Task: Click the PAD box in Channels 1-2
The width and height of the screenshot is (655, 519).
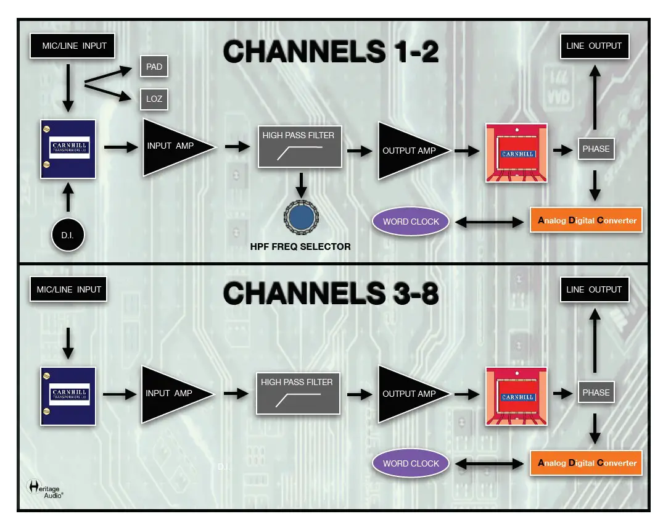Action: pyautogui.click(x=154, y=67)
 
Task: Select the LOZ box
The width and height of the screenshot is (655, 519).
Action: pyautogui.click(x=154, y=99)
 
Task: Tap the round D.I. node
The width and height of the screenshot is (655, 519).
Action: pyautogui.click(x=68, y=235)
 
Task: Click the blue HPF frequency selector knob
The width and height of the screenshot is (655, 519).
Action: pyautogui.click(x=301, y=217)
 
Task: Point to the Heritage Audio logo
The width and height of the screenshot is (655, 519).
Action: pyautogui.click(x=45, y=488)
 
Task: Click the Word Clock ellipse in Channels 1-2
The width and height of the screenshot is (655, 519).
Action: pyautogui.click(x=411, y=222)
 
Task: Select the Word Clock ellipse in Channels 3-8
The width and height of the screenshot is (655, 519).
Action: pyautogui.click(x=411, y=463)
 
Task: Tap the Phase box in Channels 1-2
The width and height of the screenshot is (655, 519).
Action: pyautogui.click(x=596, y=149)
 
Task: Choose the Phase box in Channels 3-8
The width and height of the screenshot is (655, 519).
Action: pyautogui.click(x=596, y=392)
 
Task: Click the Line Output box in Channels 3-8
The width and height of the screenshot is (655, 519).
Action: pyautogui.click(x=594, y=289)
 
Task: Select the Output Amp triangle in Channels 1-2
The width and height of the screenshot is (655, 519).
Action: pyautogui.click(x=407, y=151)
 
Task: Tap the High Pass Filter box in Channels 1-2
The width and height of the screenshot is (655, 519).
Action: pyautogui.click(x=299, y=146)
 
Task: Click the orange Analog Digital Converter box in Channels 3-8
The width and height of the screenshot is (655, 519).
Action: pyautogui.click(x=587, y=463)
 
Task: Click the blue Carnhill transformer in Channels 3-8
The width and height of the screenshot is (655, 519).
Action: pyautogui.click(x=68, y=396)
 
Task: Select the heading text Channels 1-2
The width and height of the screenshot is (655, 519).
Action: pyautogui.click(x=331, y=52)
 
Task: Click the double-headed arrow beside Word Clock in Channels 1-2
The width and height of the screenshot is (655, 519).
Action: pyautogui.click(x=489, y=222)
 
